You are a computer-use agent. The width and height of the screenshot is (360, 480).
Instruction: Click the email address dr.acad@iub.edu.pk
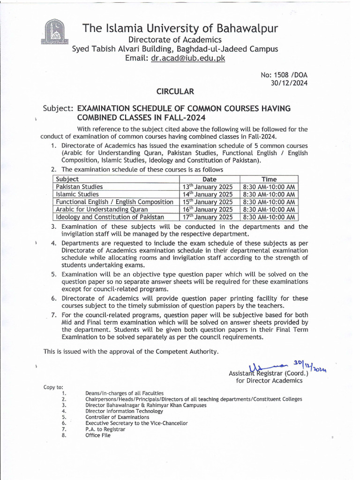(x=188, y=58)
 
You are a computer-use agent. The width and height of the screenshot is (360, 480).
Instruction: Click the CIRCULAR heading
(x=175, y=91)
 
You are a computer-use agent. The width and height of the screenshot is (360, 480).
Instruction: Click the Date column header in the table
(x=210, y=179)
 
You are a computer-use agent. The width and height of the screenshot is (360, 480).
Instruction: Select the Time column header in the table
(x=269, y=179)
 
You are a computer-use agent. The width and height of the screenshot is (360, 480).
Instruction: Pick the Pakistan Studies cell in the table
(x=79, y=187)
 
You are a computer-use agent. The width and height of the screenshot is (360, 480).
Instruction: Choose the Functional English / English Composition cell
(x=114, y=202)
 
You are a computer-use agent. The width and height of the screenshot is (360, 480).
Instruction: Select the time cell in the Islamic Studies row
(x=269, y=194)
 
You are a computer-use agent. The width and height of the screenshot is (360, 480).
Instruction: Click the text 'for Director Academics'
(x=269, y=381)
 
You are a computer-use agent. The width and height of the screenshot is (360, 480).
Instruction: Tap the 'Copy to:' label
(x=53, y=387)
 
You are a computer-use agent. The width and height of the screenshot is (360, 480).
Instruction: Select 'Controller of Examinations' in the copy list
(x=117, y=417)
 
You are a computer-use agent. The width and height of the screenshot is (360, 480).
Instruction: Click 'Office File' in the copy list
(x=98, y=435)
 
